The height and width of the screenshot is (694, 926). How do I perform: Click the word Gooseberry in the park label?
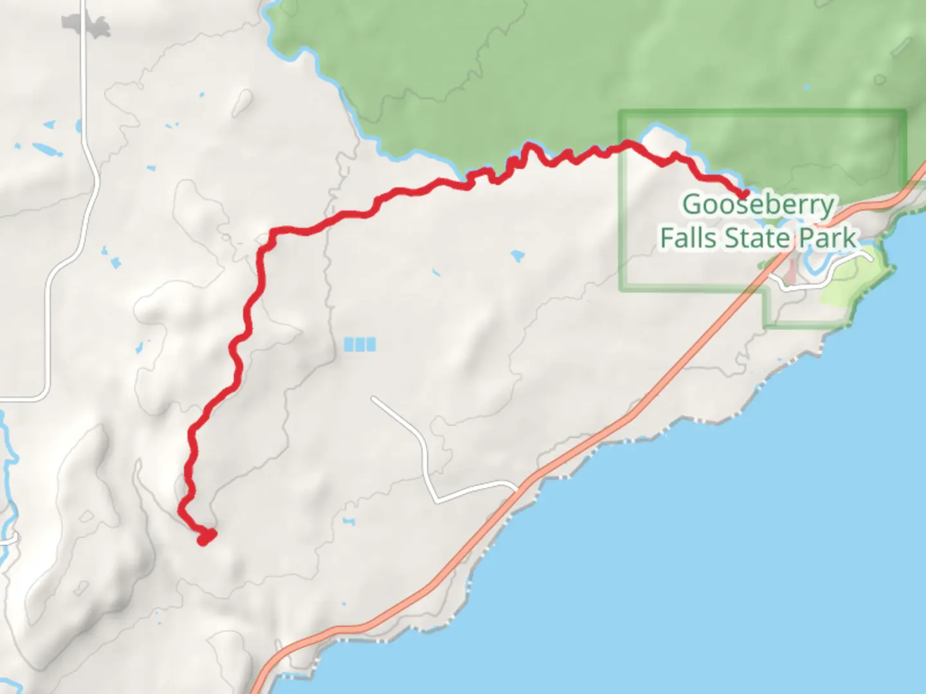coord(758,205)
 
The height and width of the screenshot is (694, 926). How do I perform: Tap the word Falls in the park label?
coord(688,238)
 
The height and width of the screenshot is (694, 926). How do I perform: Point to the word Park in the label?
coord(828,238)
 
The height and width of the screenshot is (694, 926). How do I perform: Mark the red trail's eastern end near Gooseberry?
coord(745,193)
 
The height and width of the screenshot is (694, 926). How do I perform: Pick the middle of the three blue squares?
coord(359,344)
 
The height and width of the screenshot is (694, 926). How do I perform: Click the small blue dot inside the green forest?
coord(807,87)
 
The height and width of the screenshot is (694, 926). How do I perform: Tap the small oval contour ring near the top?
coord(242,102)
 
